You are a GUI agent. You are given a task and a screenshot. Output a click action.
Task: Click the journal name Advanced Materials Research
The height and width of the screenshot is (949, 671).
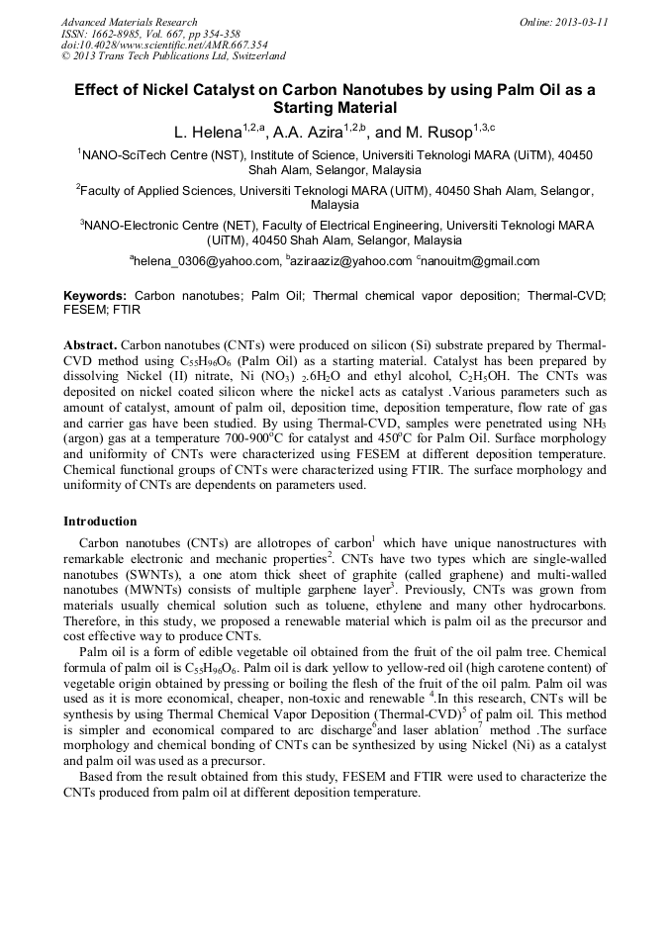129,22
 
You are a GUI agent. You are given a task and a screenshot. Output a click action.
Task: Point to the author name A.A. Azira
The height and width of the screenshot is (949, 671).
301,132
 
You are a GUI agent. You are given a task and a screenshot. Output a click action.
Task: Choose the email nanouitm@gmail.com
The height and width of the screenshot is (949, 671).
481,261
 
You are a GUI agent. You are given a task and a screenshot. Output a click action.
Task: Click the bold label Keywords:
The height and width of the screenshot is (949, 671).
95,296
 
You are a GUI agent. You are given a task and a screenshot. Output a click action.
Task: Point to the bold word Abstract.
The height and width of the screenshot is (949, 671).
90,343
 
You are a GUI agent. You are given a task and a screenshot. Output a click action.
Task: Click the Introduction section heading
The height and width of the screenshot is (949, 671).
100,522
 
